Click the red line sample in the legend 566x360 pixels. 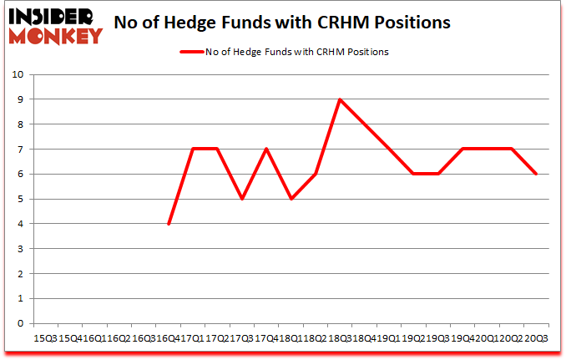pos(195,52)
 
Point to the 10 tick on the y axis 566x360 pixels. pos(18,74)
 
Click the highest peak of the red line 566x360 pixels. pos(340,99)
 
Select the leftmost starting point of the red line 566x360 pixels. pos(169,224)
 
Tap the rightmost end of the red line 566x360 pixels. pos(536,174)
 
